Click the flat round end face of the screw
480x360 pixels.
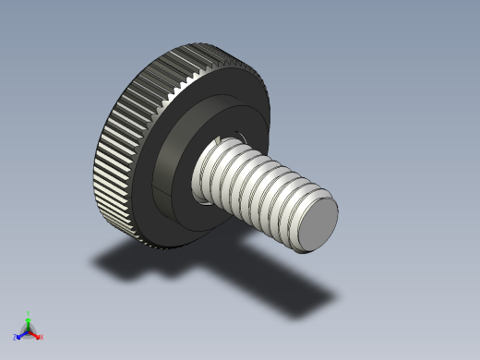click(318, 223)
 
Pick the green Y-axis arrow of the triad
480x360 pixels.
click(28, 320)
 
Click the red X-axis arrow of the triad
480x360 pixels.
click(36, 335)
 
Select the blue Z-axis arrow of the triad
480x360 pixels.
click(20, 335)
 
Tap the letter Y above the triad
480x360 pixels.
click(28, 313)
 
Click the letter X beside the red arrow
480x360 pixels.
click(42, 337)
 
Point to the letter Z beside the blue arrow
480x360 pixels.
click(15, 338)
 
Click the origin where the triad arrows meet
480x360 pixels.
click(28, 330)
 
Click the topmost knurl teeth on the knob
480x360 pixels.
click(208, 48)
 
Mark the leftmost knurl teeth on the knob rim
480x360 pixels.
click(95, 166)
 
